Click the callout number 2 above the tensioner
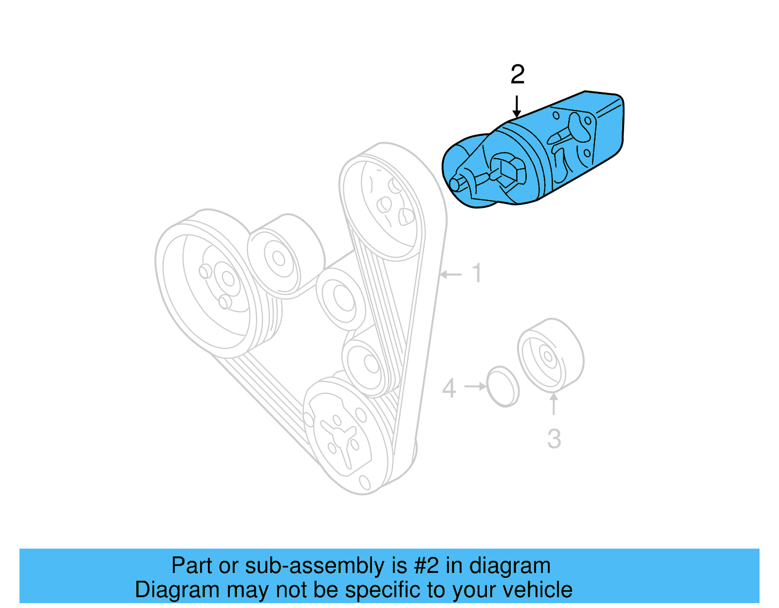(517, 75)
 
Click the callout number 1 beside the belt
(477, 274)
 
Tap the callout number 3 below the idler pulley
(554, 439)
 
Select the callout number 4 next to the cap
(449, 389)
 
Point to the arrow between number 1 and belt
(451, 275)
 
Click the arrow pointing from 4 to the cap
(475, 387)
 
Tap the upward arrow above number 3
(554, 404)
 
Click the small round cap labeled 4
(502, 387)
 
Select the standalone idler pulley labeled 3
(550, 356)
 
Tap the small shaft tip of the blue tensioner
(456, 184)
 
